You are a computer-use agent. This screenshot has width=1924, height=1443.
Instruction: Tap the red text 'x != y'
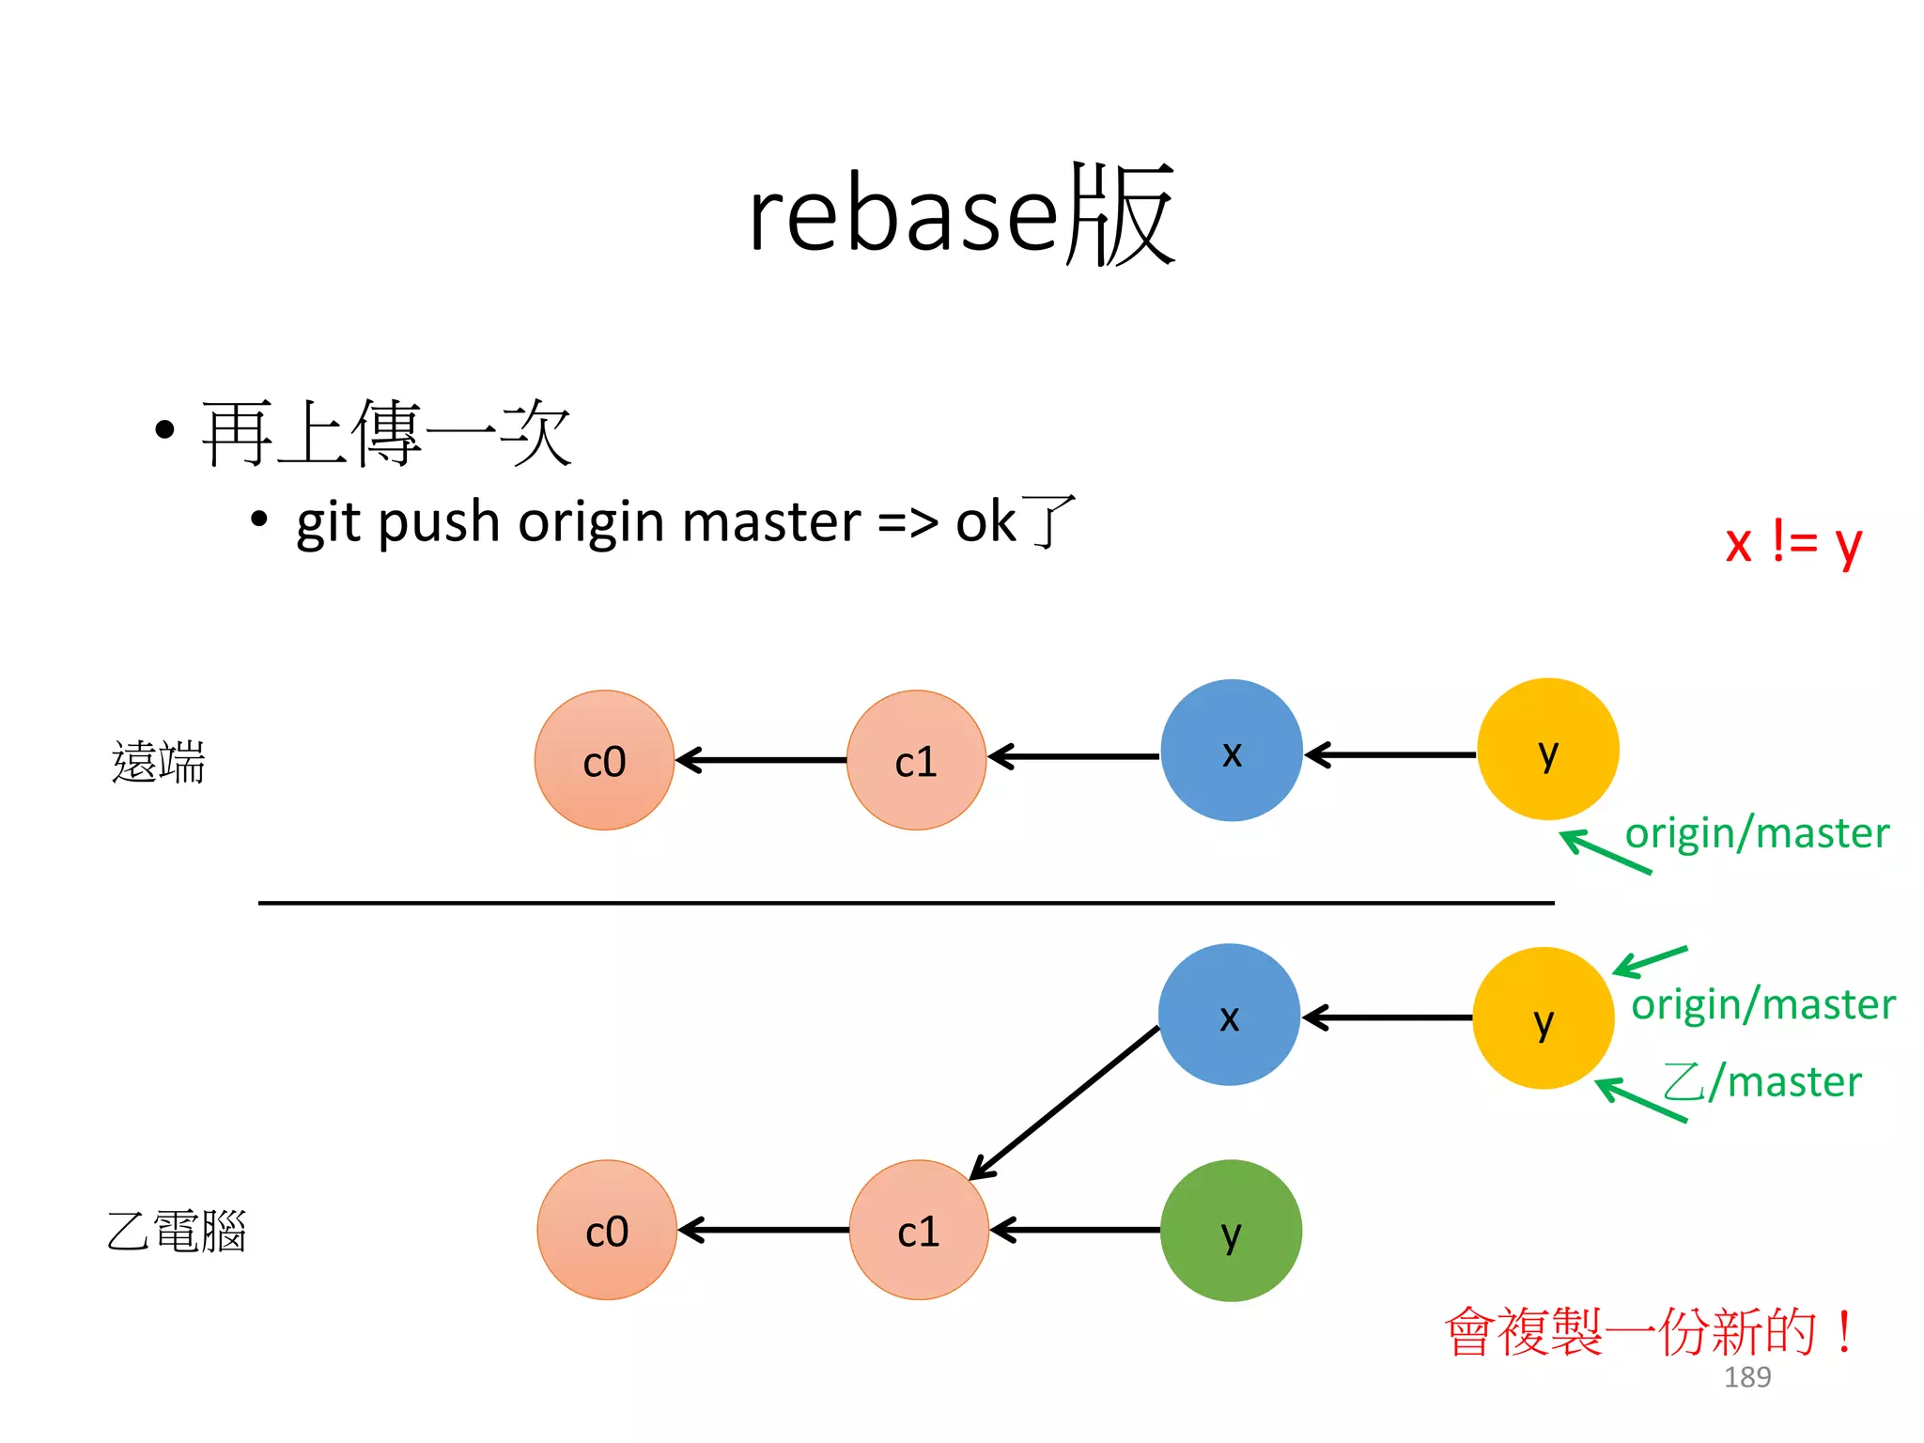1792,542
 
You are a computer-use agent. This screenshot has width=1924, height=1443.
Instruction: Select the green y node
1231,1231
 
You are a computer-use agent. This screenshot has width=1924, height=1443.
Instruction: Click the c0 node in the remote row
604,760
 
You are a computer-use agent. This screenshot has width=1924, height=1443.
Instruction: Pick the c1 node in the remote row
916,760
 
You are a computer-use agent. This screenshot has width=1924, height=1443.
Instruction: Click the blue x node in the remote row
1231,751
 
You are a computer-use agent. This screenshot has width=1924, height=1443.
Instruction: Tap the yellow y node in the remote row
1547,750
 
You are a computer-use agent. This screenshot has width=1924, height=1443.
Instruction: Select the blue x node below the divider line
1229,1015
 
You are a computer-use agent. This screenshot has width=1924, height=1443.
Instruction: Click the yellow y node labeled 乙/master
1543,1018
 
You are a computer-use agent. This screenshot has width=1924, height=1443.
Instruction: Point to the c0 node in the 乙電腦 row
607,1231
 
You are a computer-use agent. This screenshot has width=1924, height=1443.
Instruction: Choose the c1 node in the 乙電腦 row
919,1231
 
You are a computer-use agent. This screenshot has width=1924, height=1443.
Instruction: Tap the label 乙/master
1761,1081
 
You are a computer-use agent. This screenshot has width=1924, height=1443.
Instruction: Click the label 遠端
158,762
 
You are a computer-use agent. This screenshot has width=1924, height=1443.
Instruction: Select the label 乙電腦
177,1231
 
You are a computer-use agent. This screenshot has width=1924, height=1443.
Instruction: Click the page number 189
1746,1377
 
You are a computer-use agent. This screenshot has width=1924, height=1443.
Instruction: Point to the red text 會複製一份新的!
1649,1332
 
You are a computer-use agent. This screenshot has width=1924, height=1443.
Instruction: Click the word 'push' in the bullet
438,522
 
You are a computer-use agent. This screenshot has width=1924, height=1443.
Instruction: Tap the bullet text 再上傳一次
386,433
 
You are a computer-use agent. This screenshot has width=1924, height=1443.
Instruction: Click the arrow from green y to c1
1076,1230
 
